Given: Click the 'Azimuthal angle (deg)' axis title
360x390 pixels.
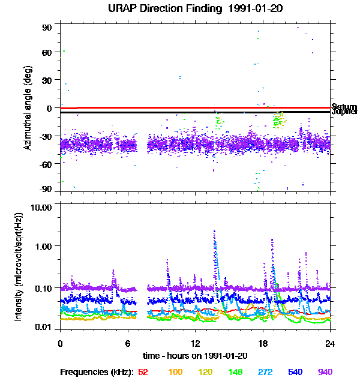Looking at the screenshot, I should [27, 108].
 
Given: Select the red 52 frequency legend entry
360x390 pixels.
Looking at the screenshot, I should [143, 373].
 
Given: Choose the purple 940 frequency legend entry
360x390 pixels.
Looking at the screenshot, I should [325, 373].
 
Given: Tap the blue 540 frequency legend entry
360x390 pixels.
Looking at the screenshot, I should [295, 373].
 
